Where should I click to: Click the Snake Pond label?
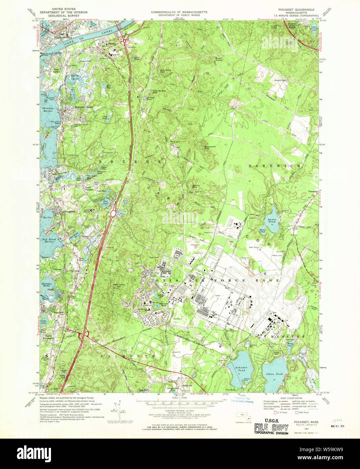[272, 221]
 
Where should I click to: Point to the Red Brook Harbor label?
[49, 241]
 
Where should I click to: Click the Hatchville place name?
[187, 385]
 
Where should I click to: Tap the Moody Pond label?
[289, 345]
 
